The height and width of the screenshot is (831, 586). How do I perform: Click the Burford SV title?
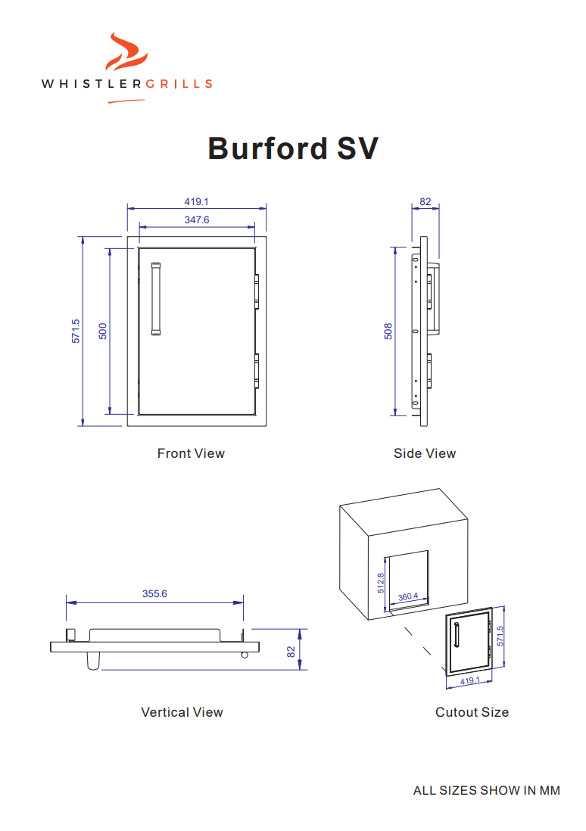293,148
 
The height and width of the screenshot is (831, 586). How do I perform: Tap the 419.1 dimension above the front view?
196,202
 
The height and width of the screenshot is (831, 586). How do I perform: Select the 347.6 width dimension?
196,220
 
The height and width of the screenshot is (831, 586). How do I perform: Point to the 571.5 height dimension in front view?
76,331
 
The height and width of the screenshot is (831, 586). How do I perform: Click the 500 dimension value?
104,331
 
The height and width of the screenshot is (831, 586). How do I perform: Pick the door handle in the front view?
156,298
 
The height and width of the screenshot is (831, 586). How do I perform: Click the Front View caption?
191,453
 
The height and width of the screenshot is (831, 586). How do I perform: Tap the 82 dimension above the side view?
425,202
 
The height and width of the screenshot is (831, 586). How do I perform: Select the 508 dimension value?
388,331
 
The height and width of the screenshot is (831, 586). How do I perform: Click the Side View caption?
425,453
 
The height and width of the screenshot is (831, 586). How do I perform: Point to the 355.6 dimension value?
154,594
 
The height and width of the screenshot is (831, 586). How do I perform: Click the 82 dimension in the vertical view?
291,650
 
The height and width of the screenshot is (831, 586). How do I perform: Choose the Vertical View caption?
182,712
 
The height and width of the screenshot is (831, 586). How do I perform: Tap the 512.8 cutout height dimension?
381,582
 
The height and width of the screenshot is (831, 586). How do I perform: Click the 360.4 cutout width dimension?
408,597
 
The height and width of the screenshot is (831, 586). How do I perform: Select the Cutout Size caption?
472,712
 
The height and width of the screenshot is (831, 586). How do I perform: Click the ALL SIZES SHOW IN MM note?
486,791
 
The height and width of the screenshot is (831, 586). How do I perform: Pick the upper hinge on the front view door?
257,288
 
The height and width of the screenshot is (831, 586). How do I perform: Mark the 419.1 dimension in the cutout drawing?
470,681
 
